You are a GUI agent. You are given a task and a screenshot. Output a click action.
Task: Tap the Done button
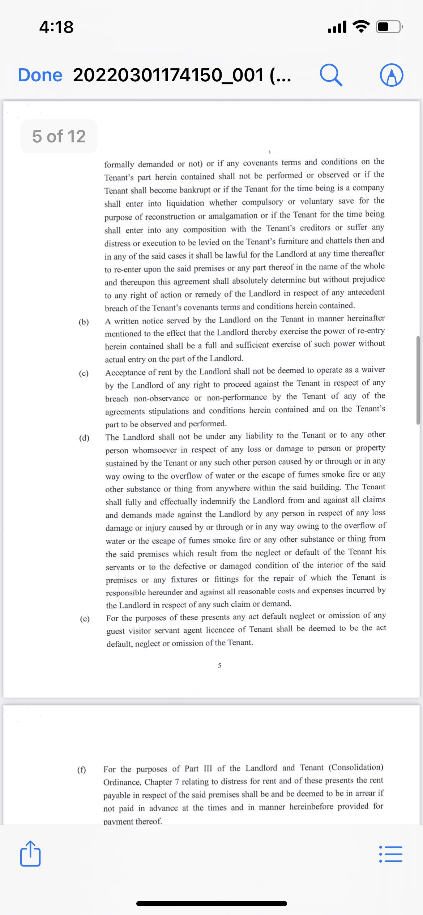[x=40, y=75]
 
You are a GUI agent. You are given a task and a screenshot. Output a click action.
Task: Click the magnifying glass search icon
[x=331, y=75]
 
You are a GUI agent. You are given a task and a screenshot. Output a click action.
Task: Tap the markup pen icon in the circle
[x=392, y=75]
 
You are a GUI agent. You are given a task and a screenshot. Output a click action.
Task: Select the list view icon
[x=390, y=854]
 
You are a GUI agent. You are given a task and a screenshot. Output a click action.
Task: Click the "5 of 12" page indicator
[x=59, y=137]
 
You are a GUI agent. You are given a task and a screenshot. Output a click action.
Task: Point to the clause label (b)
[x=84, y=322]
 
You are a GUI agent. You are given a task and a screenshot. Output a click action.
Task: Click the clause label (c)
[x=84, y=373]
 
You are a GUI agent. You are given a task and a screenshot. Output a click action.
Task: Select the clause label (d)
[x=84, y=438]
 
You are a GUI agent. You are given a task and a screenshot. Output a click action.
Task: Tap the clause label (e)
[x=85, y=619]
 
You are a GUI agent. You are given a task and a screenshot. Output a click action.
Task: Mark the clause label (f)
[x=82, y=770]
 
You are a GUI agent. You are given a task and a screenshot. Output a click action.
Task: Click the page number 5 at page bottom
[x=219, y=666]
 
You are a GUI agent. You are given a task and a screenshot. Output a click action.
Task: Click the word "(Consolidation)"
[x=356, y=768]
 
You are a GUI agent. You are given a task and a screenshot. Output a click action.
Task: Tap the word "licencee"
[x=220, y=630]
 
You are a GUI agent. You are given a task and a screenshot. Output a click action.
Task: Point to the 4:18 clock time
[x=56, y=27]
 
